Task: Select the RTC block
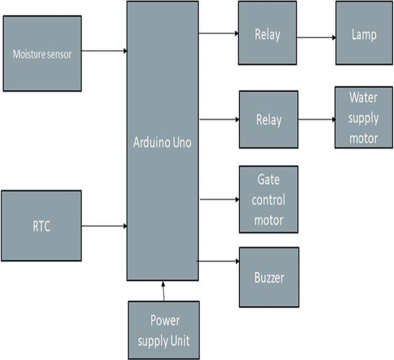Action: [41, 226]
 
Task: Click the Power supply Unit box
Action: [163, 329]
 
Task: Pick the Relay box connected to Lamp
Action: [267, 35]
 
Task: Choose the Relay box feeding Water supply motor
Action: [269, 120]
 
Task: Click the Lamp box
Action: [364, 35]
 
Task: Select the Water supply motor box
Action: [364, 118]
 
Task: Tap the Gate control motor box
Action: [269, 199]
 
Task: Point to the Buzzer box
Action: [269, 277]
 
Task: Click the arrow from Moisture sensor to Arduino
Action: [104, 51]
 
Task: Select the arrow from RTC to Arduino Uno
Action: [104, 226]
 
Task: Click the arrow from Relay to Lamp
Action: [316, 38]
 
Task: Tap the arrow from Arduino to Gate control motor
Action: [219, 200]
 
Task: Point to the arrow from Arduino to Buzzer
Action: [219, 262]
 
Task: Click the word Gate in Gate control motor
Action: [269, 180]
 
